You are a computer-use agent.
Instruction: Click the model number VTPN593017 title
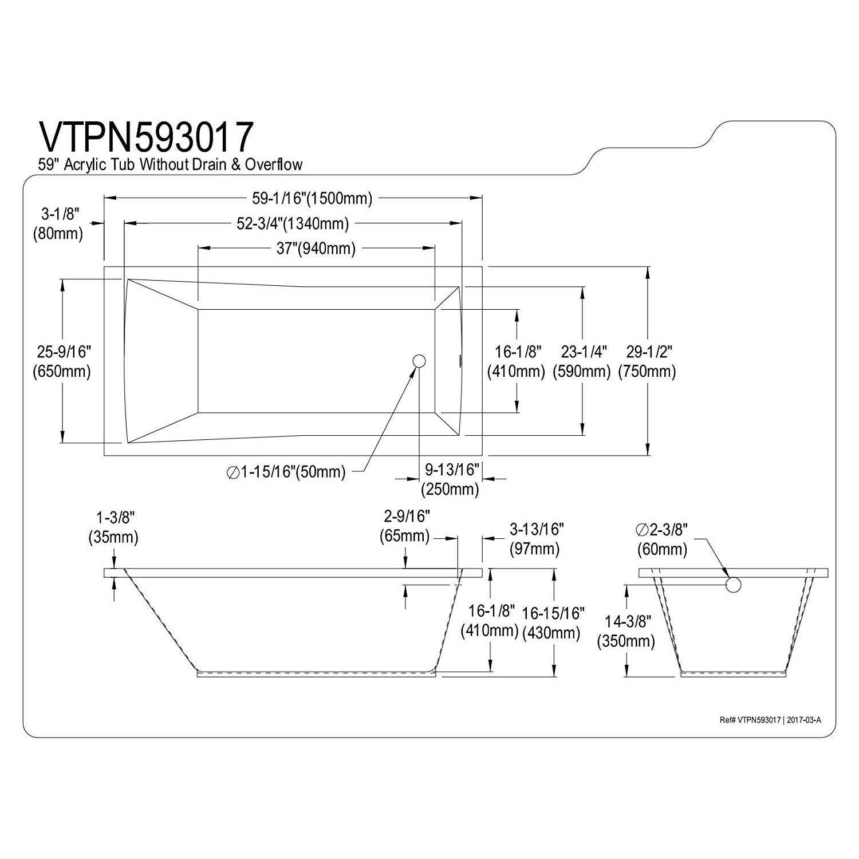point(146,136)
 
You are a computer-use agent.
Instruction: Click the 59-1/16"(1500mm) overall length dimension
point(312,198)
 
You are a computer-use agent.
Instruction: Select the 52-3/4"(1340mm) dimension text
point(293,223)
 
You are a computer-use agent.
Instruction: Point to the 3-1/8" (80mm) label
point(58,224)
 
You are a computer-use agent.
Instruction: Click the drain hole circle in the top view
point(419,360)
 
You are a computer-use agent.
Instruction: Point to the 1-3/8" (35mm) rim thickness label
point(114,527)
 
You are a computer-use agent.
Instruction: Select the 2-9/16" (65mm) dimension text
point(405,526)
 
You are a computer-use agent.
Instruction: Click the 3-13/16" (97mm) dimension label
point(535,538)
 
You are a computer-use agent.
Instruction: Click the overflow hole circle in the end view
point(734,585)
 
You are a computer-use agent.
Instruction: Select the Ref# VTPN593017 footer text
point(770,720)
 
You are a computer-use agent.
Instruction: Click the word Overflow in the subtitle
point(274,165)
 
